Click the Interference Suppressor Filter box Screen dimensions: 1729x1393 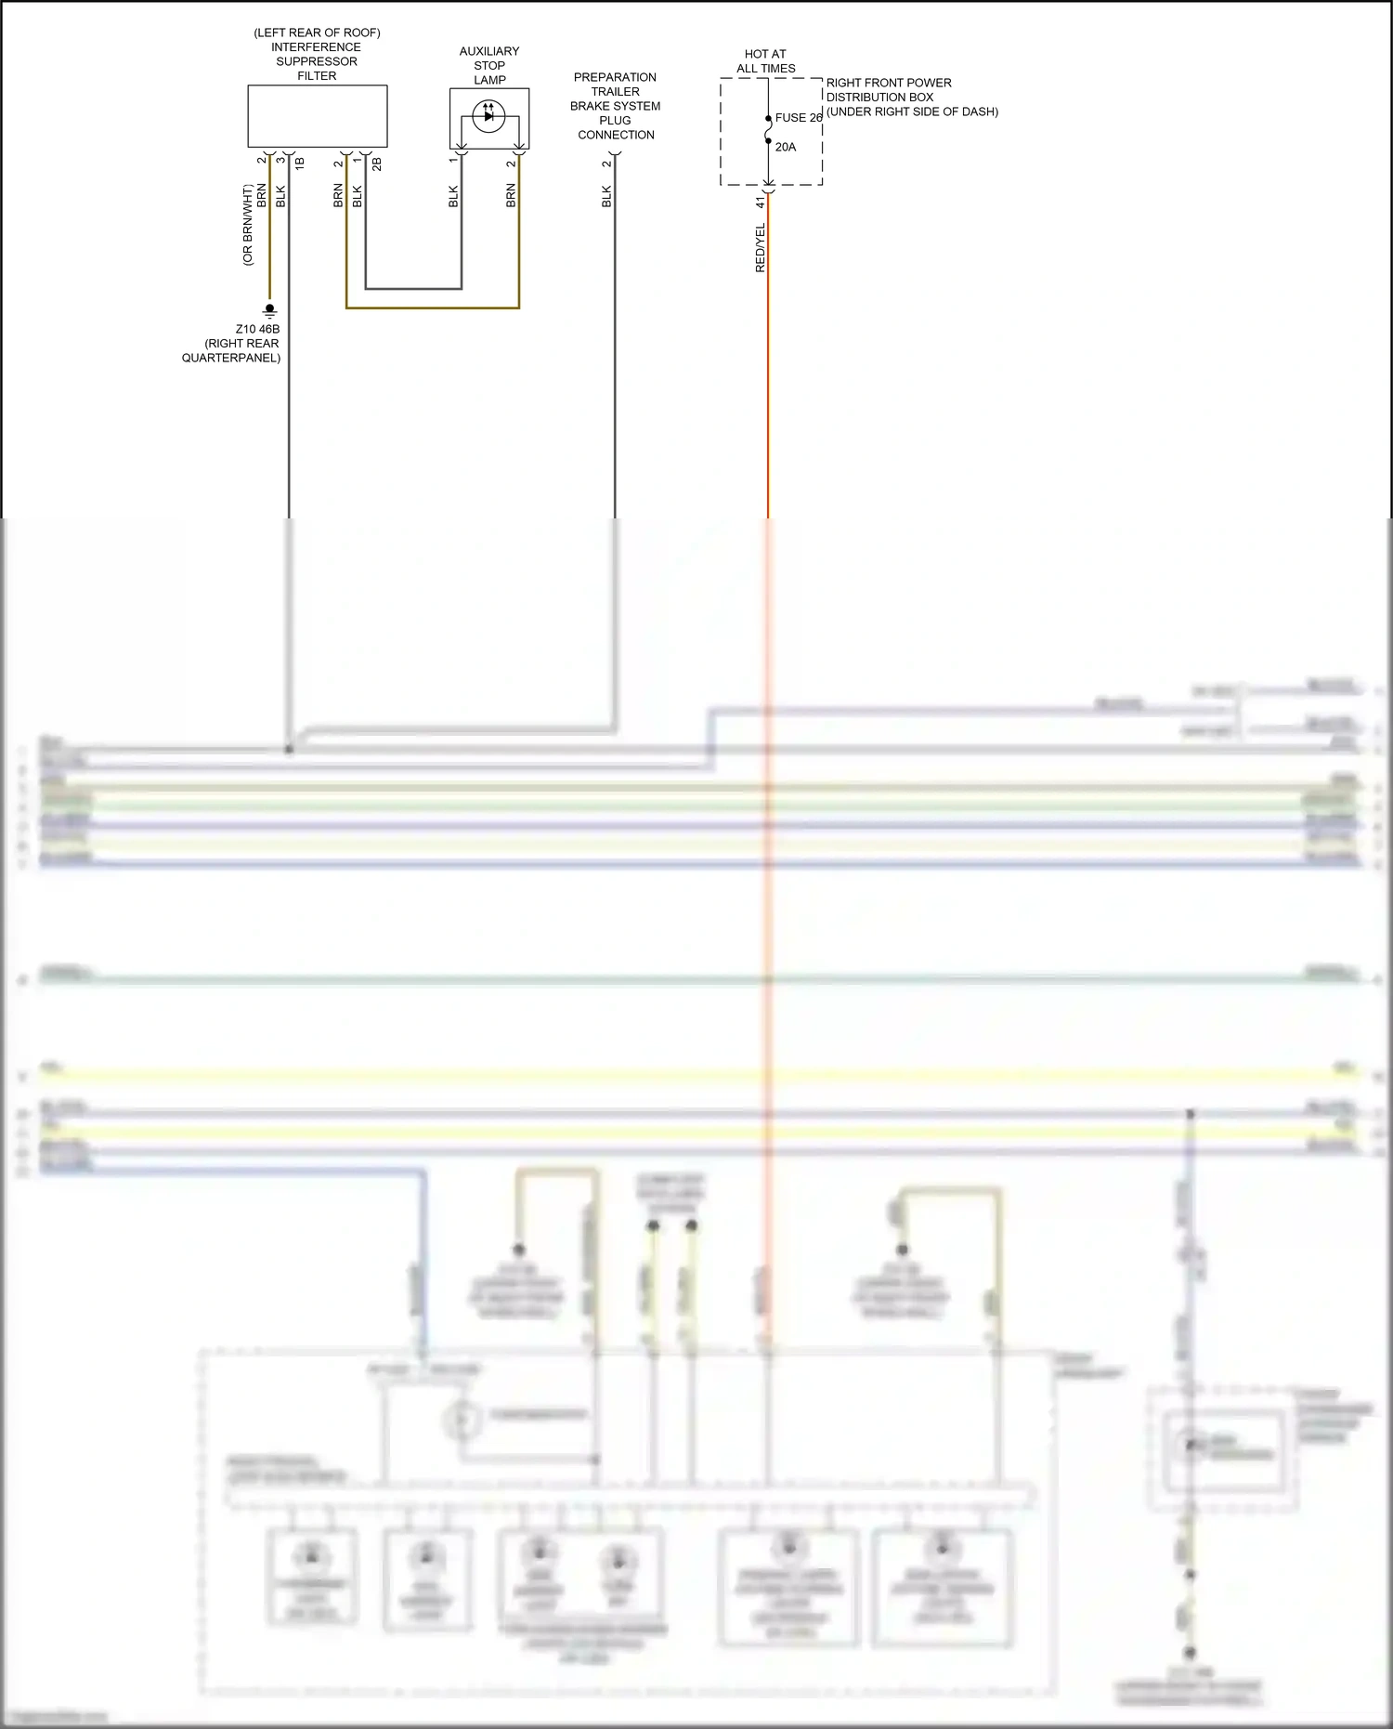click(x=317, y=116)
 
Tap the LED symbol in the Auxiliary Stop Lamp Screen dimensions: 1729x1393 click(x=488, y=116)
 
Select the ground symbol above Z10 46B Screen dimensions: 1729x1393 click(x=269, y=309)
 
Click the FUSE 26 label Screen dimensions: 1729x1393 click(x=799, y=118)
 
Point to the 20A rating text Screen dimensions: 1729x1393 click(x=786, y=147)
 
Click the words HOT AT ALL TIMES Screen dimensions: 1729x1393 click(x=766, y=61)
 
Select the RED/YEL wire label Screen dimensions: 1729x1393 click(x=761, y=247)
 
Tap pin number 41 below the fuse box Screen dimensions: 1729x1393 click(x=760, y=202)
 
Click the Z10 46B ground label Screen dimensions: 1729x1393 click(x=257, y=329)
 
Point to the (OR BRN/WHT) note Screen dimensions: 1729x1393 click(x=248, y=225)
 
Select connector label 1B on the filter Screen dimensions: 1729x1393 click(x=300, y=164)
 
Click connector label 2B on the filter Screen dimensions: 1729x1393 click(x=377, y=164)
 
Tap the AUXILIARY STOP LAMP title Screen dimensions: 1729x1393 click(x=489, y=65)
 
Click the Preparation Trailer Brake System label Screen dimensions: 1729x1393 click(x=615, y=106)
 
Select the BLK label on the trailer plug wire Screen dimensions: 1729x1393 click(x=607, y=196)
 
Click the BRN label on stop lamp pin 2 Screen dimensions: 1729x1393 click(x=511, y=195)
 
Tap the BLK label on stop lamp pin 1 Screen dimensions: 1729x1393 click(x=453, y=196)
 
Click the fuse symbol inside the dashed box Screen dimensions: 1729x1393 click(x=768, y=130)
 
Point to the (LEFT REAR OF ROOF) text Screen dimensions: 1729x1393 click(x=317, y=33)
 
